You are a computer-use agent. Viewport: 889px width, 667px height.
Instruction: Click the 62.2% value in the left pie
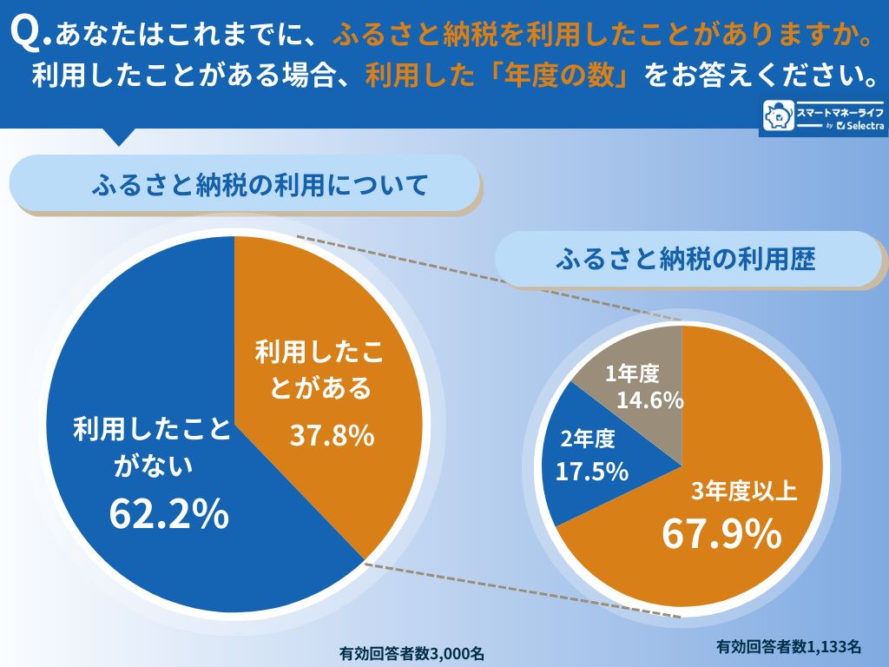pos(168,513)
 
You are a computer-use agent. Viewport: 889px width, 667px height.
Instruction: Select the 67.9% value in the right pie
pos(721,533)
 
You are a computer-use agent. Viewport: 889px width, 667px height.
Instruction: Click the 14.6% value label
pos(649,400)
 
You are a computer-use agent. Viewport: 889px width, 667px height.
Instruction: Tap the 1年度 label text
pos(632,374)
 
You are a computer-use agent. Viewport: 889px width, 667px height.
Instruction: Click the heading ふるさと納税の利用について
pos(260,184)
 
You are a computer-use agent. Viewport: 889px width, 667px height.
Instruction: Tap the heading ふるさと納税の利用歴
pos(685,259)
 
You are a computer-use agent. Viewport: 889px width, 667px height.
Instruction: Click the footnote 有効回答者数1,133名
pos(788,646)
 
